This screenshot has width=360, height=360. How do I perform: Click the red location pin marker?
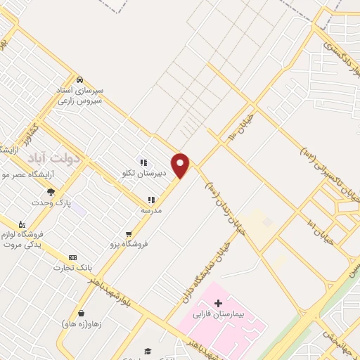tap(181, 165)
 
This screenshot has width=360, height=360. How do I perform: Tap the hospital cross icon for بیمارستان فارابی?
tap(219, 302)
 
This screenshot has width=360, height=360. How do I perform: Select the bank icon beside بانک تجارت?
tap(72, 258)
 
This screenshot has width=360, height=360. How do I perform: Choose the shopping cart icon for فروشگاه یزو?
tap(128, 234)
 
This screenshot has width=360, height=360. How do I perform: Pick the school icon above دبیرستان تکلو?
tap(143, 162)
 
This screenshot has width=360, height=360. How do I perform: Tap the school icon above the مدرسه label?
tap(151, 200)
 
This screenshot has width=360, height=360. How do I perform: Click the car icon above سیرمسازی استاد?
tap(79, 79)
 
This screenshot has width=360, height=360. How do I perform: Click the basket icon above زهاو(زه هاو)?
tap(82, 313)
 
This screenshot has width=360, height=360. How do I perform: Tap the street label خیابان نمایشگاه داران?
tap(202, 268)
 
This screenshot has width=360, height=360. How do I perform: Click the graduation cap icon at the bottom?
tap(148, 351)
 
